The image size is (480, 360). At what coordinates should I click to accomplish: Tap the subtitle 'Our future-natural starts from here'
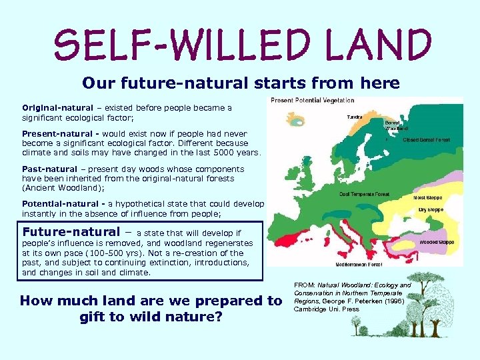241,83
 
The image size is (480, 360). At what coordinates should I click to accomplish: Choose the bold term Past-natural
49,169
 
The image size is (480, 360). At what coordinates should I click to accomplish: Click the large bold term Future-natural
73,232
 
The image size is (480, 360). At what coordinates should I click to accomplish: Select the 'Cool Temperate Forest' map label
363,195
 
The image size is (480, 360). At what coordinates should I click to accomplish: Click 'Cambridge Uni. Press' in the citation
327,309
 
